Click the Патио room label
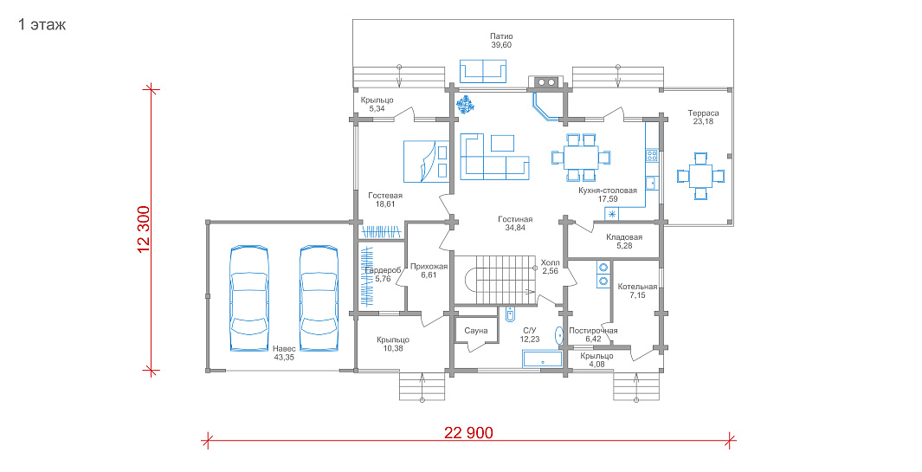[501, 36]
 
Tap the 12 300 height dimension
[144, 230]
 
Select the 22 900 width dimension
[468, 433]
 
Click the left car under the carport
[248, 298]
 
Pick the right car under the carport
[319, 298]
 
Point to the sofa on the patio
[483, 71]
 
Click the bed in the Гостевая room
[426, 161]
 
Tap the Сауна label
[475, 331]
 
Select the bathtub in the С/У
[542, 359]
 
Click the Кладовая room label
[624, 237]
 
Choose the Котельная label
[637, 287]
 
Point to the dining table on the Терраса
[700, 176]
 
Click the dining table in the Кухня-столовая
[581, 157]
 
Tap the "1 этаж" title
[42, 25]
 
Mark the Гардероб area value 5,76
[383, 279]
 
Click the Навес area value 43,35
[284, 357]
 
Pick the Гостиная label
[515, 219]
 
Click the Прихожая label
[429, 267]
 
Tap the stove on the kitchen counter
[652, 156]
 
